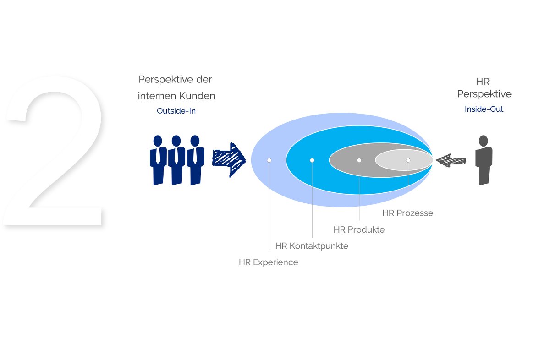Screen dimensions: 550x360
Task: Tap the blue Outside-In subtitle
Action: point(176,111)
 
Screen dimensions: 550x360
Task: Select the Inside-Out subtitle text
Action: point(484,109)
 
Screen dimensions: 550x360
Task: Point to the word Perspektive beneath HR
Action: point(484,94)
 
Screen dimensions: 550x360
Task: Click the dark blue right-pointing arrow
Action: point(229,160)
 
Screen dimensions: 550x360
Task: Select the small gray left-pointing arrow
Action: point(451,160)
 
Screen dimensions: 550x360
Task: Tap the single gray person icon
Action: point(484,160)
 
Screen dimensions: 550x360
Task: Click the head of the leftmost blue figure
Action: point(158,141)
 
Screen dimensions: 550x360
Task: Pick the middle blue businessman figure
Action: point(176,160)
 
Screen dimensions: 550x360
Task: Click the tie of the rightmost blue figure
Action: point(195,155)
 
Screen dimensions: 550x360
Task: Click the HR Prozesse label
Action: point(407,213)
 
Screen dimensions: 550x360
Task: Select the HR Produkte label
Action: point(359,229)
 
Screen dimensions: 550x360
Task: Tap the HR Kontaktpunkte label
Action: point(312,246)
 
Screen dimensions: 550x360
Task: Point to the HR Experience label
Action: point(269,262)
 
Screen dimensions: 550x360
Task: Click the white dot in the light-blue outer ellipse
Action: point(269,160)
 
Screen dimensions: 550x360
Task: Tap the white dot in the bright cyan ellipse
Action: point(312,160)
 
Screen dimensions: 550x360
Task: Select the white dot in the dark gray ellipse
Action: point(359,160)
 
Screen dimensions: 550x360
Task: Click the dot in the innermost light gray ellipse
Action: point(408,160)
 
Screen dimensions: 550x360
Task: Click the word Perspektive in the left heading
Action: point(166,80)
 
